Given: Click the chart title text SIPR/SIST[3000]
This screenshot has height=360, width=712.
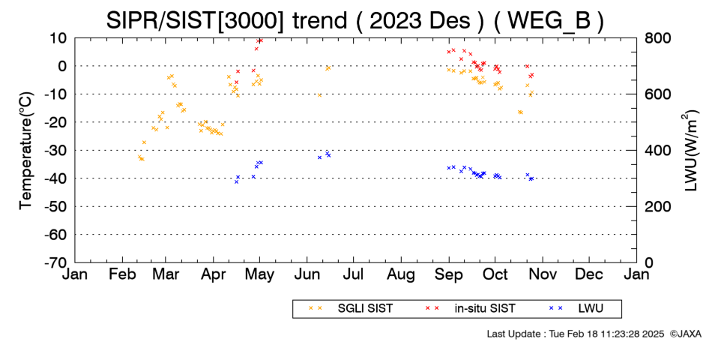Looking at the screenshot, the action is [194, 21].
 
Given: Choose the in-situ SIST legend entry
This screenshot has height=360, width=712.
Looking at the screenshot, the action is [470, 309].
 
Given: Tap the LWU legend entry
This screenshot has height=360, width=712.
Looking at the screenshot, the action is [576, 309].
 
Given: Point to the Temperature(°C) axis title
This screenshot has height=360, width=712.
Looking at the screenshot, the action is [26, 151].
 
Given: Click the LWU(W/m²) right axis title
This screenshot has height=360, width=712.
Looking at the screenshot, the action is [690, 151].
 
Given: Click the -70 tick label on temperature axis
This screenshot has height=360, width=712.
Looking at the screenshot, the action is [55, 262].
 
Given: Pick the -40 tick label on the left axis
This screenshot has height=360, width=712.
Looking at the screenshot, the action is [55, 178].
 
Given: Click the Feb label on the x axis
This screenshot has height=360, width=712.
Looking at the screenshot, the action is [123, 274].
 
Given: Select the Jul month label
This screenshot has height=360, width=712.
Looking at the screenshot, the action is [353, 274].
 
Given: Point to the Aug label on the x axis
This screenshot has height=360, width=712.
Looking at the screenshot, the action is [401, 275].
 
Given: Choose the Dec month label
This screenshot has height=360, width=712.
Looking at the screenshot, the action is [589, 274].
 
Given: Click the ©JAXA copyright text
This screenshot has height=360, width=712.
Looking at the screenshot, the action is [685, 334].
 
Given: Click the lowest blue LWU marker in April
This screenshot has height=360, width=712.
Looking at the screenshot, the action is [236, 181].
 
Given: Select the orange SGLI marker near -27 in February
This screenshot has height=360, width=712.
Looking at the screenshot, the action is [144, 142].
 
